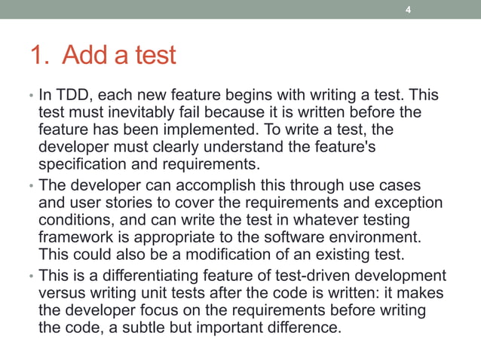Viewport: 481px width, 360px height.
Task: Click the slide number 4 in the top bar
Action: click(x=408, y=10)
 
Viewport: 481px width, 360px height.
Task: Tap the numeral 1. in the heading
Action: click(x=39, y=55)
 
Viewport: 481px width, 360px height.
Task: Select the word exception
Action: click(x=407, y=202)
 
